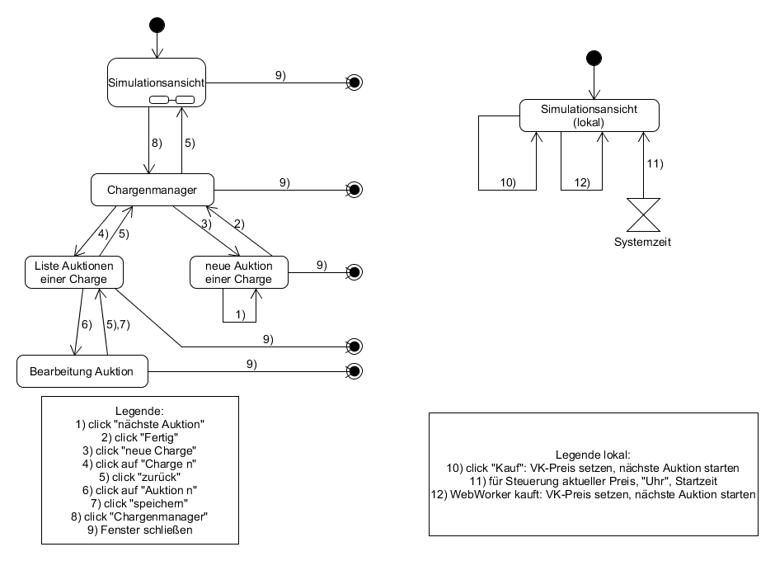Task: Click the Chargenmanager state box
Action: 152,191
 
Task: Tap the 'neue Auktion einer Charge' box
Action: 239,272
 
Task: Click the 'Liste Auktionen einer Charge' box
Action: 74,271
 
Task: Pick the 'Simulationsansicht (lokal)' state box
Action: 589,115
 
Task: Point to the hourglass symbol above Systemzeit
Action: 642,215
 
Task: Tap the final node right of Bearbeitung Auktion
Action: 355,371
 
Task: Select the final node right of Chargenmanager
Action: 355,190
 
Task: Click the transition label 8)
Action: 157,143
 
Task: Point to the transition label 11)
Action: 654,163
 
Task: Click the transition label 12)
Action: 583,182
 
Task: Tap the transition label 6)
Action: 85,324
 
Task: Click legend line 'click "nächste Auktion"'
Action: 139,424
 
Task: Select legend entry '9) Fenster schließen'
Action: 139,530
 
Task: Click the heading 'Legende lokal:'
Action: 593,455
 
